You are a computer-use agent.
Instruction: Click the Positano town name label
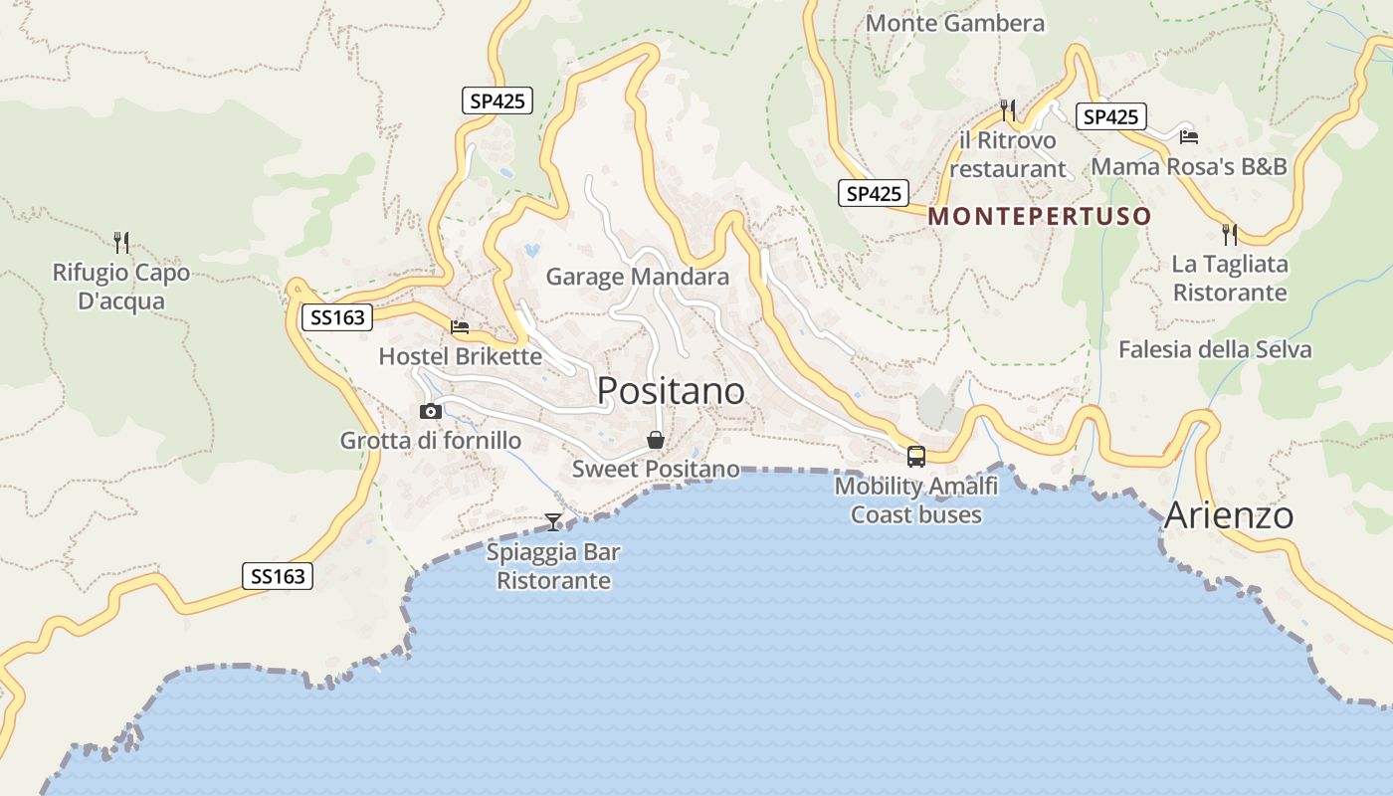[x=671, y=391]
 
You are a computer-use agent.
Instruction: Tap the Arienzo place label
[x=1228, y=515]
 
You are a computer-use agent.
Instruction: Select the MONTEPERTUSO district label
[x=1039, y=216]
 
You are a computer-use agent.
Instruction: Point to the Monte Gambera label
[x=955, y=23]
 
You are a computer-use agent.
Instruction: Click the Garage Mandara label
[x=637, y=277]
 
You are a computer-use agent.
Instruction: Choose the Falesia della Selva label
[x=1214, y=349]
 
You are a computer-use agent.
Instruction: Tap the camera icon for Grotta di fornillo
[x=431, y=411]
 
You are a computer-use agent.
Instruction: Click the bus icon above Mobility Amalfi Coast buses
[x=915, y=457]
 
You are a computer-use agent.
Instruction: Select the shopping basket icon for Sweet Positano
[x=656, y=440]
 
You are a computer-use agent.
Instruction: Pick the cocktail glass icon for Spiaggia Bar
[x=553, y=521]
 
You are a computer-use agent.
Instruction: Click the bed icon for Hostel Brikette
[x=460, y=326]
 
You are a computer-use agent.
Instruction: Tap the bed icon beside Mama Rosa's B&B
[x=1188, y=137]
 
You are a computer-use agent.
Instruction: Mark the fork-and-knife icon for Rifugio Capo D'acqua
[x=121, y=242]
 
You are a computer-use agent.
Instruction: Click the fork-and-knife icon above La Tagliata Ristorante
[x=1230, y=235]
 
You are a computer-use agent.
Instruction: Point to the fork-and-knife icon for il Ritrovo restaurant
[x=1008, y=109]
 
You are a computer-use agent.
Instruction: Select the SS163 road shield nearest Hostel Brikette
[x=336, y=317]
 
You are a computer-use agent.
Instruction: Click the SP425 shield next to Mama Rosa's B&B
[x=1110, y=117]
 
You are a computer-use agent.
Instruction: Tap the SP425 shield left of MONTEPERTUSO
[x=873, y=193]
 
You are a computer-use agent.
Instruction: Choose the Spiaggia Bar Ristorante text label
[x=553, y=566]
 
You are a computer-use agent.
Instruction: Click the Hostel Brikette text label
[x=460, y=356]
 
